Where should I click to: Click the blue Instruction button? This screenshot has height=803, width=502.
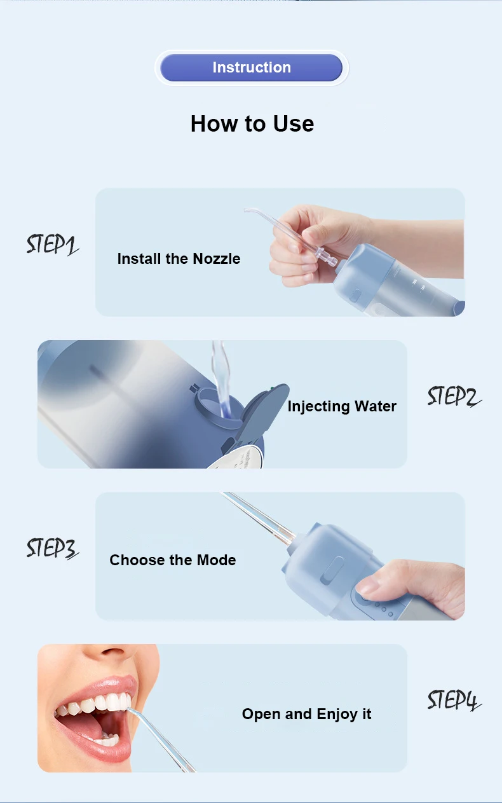[251, 67]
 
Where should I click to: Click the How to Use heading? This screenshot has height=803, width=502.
[252, 124]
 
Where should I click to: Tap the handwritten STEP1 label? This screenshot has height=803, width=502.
[52, 245]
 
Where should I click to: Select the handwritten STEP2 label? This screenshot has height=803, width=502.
[454, 396]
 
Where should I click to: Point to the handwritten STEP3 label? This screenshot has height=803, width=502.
[52, 548]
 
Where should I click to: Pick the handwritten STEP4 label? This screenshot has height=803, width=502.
[454, 699]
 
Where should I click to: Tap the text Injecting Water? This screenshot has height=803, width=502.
[342, 406]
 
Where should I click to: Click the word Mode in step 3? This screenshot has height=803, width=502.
[217, 560]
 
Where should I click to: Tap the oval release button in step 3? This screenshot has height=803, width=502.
[332, 570]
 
